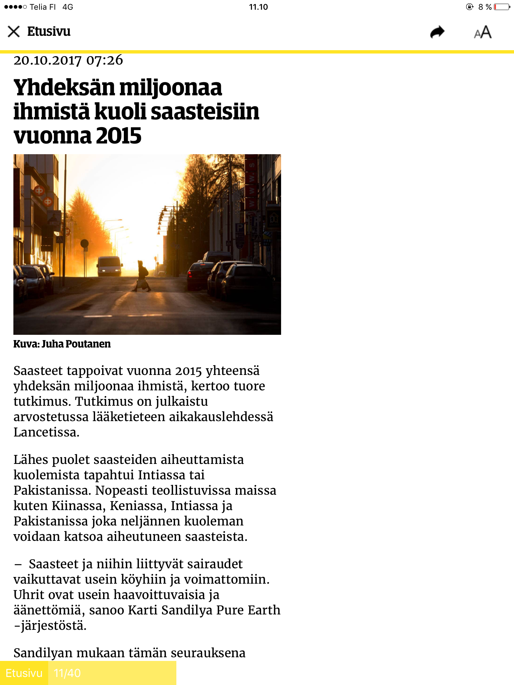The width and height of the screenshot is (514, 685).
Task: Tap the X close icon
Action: point(14,32)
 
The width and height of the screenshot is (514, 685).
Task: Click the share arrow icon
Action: point(437,32)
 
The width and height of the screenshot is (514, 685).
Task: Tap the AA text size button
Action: point(483,32)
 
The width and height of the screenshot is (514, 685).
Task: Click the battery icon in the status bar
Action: point(502,7)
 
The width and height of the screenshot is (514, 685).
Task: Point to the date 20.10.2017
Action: point(47,61)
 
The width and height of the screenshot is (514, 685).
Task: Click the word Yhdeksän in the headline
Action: point(64,88)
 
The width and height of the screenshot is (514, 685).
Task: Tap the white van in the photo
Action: point(109,266)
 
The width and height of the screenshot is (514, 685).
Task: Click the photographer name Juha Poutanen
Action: point(76,344)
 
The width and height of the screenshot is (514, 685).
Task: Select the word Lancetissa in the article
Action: point(46,432)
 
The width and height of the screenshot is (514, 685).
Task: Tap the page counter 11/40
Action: point(67,673)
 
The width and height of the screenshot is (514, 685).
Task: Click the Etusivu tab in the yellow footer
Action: point(24,673)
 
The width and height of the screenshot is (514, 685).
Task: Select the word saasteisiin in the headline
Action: point(205,112)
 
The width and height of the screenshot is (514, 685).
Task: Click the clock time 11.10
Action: point(258,7)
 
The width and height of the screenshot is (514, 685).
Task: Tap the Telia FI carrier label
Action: point(42,7)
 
